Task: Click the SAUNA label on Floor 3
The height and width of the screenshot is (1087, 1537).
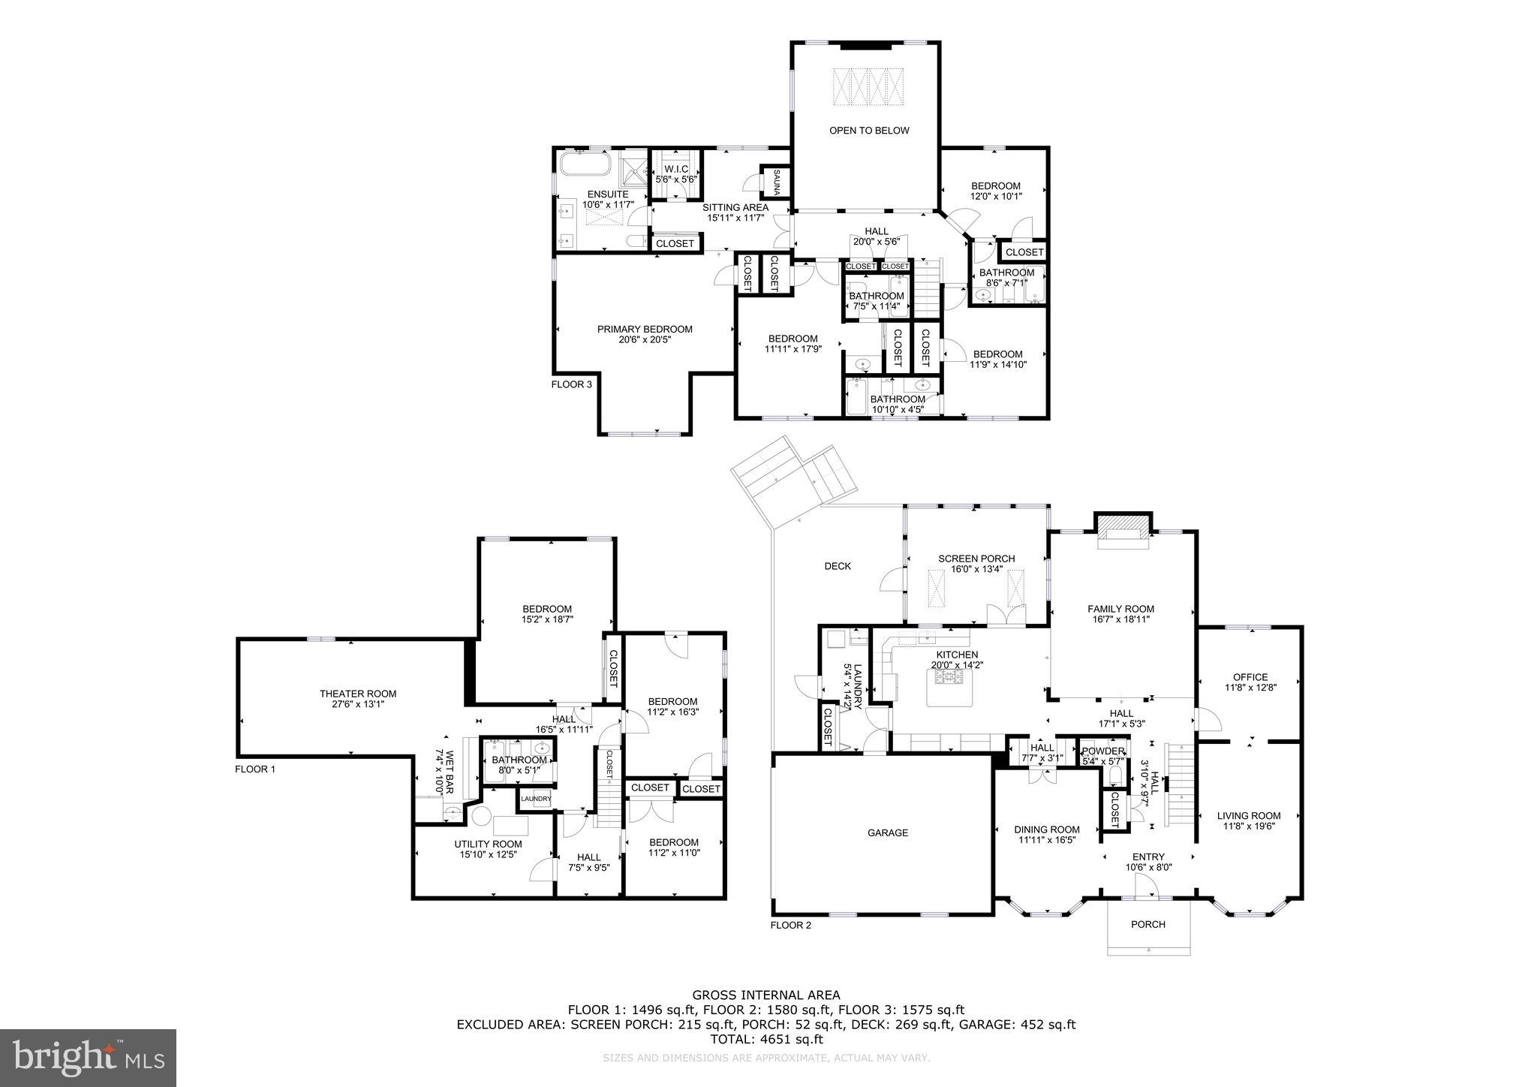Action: tap(777, 182)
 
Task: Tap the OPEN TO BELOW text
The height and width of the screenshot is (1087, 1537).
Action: tap(868, 131)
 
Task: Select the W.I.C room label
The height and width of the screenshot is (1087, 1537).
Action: tap(676, 170)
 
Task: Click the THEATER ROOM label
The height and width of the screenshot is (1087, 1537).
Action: tap(357, 694)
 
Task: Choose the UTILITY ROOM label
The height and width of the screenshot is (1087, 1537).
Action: tap(488, 844)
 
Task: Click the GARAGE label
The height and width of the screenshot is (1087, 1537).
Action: tap(888, 833)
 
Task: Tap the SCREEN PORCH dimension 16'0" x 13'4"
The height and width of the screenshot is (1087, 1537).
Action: tap(976, 569)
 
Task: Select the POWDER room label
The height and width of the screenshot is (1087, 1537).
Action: tap(1103, 751)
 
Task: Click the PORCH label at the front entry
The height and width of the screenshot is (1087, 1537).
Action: tap(1148, 924)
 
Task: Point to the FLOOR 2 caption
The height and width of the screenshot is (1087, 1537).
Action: tap(790, 925)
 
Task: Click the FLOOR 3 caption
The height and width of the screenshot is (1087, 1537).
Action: tap(572, 384)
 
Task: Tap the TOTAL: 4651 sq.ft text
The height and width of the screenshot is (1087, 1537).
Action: tap(766, 1040)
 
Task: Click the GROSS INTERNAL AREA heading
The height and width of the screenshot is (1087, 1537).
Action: tap(766, 995)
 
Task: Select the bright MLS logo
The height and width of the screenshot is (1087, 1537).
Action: tap(89, 1058)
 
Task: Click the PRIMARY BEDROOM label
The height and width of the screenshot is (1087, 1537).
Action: tap(645, 329)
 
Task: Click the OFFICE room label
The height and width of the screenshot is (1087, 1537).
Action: tap(1250, 676)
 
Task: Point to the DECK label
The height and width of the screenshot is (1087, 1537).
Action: tap(838, 566)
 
